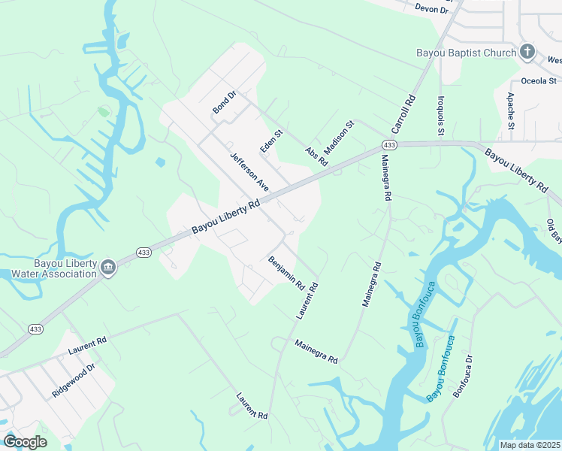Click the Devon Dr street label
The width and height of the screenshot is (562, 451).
pyautogui.click(x=431, y=8)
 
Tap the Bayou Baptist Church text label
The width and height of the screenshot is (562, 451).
pyautogui.click(x=467, y=53)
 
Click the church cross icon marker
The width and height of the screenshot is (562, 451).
pyautogui.click(x=527, y=52)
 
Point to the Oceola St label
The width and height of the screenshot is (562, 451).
pyautogui.click(x=538, y=80)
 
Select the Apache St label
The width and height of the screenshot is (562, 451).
pyautogui.click(x=510, y=110)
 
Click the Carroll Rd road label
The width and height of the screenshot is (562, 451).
pyautogui.click(x=403, y=114)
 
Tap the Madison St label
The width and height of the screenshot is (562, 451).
pyautogui.click(x=339, y=135)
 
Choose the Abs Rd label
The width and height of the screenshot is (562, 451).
pyautogui.click(x=316, y=156)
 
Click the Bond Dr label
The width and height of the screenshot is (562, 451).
pyautogui.click(x=224, y=102)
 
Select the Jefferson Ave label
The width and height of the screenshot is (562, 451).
pyautogui.click(x=249, y=171)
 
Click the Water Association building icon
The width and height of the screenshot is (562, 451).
pyautogui.click(x=108, y=268)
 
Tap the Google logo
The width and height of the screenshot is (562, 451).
pyautogui.click(x=26, y=442)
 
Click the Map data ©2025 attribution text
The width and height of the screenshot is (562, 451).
pyautogui.click(x=530, y=444)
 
